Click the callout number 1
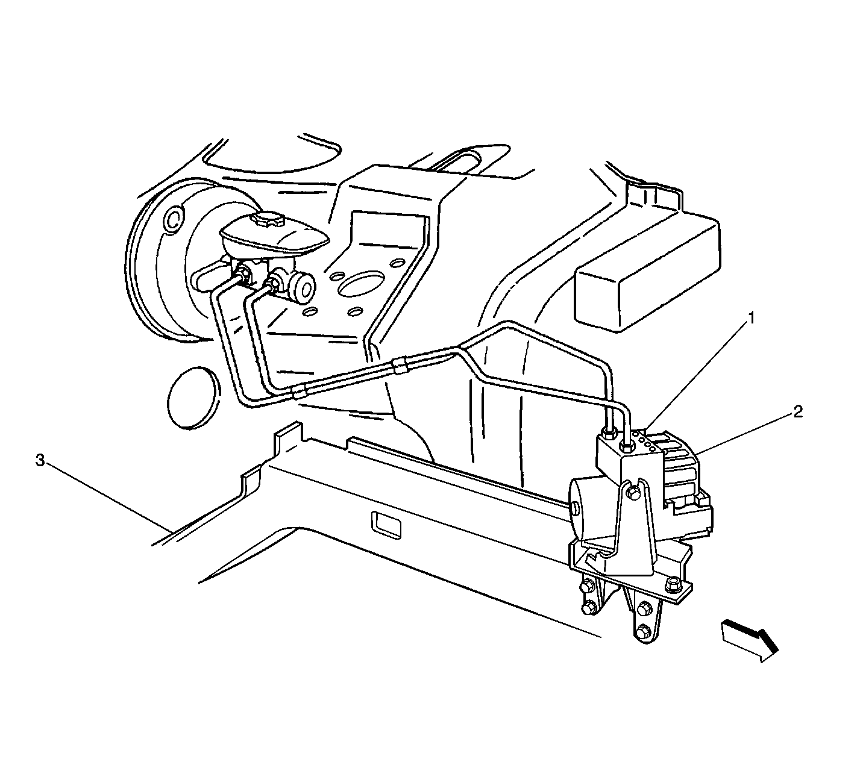pos(751,318)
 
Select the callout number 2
pos(797,411)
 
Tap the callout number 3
pos(40,460)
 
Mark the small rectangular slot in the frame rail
pos(386,526)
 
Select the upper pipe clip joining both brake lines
pos(400,366)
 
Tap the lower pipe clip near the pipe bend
pos(299,392)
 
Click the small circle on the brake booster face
pos(174,219)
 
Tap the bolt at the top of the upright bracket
pos(634,492)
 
